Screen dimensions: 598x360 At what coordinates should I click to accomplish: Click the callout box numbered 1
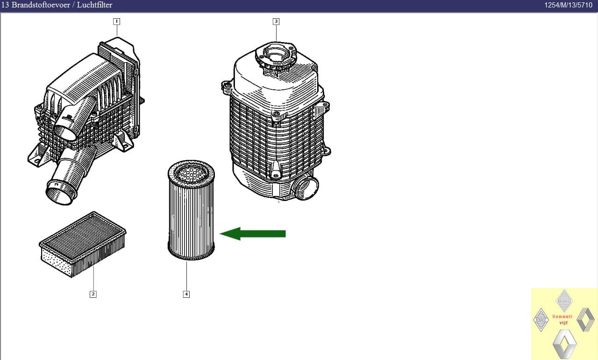click(x=116, y=22)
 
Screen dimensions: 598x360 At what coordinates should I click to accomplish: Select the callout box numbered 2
click(x=93, y=294)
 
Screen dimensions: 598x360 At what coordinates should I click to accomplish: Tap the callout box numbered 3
click(x=276, y=22)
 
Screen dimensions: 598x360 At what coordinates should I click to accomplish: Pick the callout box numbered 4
click(x=186, y=294)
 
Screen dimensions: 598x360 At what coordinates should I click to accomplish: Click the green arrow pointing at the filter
click(x=253, y=234)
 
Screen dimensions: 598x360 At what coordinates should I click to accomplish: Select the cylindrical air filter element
click(x=191, y=210)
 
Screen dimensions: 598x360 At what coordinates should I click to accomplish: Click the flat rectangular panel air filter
click(x=83, y=244)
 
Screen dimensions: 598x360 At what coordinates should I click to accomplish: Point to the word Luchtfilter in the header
click(x=94, y=5)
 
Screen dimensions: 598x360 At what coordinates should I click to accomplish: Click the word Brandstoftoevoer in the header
click(x=41, y=5)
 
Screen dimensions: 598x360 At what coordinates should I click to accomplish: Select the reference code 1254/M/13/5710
click(x=569, y=5)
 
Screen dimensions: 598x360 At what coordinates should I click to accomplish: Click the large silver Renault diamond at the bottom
click(x=564, y=344)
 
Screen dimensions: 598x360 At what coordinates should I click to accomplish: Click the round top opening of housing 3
click(x=276, y=55)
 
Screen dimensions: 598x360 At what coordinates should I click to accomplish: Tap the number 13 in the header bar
click(x=5, y=5)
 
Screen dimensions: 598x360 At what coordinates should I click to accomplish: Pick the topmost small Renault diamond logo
click(x=564, y=301)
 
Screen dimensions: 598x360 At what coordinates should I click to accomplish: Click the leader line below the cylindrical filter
click(x=186, y=276)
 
